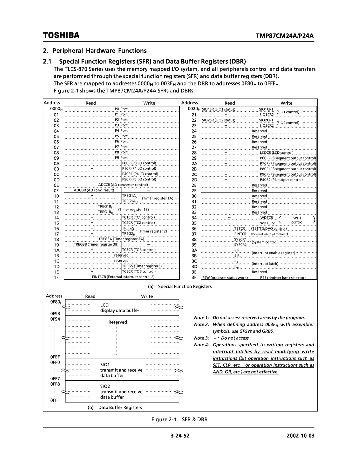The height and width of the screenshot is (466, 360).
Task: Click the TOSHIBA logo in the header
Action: point(61,35)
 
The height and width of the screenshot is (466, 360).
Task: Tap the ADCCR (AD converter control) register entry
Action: point(123,185)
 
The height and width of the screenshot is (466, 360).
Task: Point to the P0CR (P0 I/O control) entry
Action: point(139,163)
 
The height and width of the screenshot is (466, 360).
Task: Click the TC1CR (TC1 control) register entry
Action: point(138,217)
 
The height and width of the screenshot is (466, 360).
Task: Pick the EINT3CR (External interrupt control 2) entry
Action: point(123,277)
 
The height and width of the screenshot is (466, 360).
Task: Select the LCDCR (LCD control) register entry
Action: point(277,153)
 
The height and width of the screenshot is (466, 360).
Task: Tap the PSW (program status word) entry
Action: point(225,278)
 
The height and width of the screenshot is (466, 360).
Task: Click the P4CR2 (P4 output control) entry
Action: point(281,180)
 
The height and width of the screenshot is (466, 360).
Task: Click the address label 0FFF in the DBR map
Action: point(55,400)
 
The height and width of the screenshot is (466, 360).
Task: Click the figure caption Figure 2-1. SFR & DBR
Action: point(180,419)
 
